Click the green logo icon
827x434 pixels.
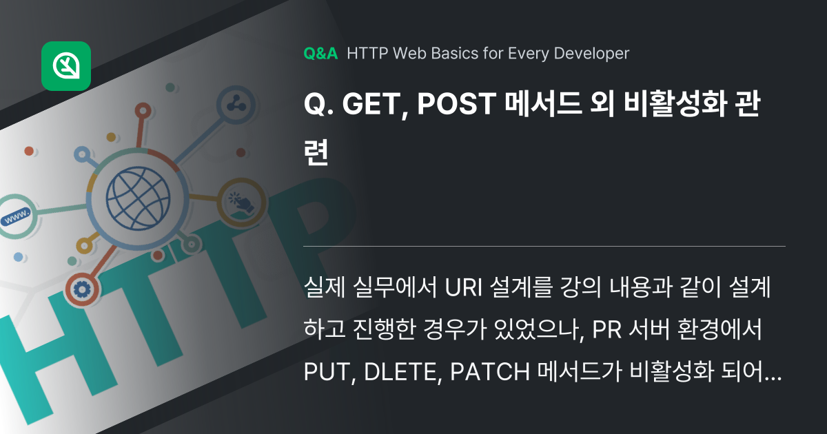click(x=66, y=66)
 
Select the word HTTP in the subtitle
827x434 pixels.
click(x=366, y=54)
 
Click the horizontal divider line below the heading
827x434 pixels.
click(x=544, y=246)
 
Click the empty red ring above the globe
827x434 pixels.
click(x=143, y=110)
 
